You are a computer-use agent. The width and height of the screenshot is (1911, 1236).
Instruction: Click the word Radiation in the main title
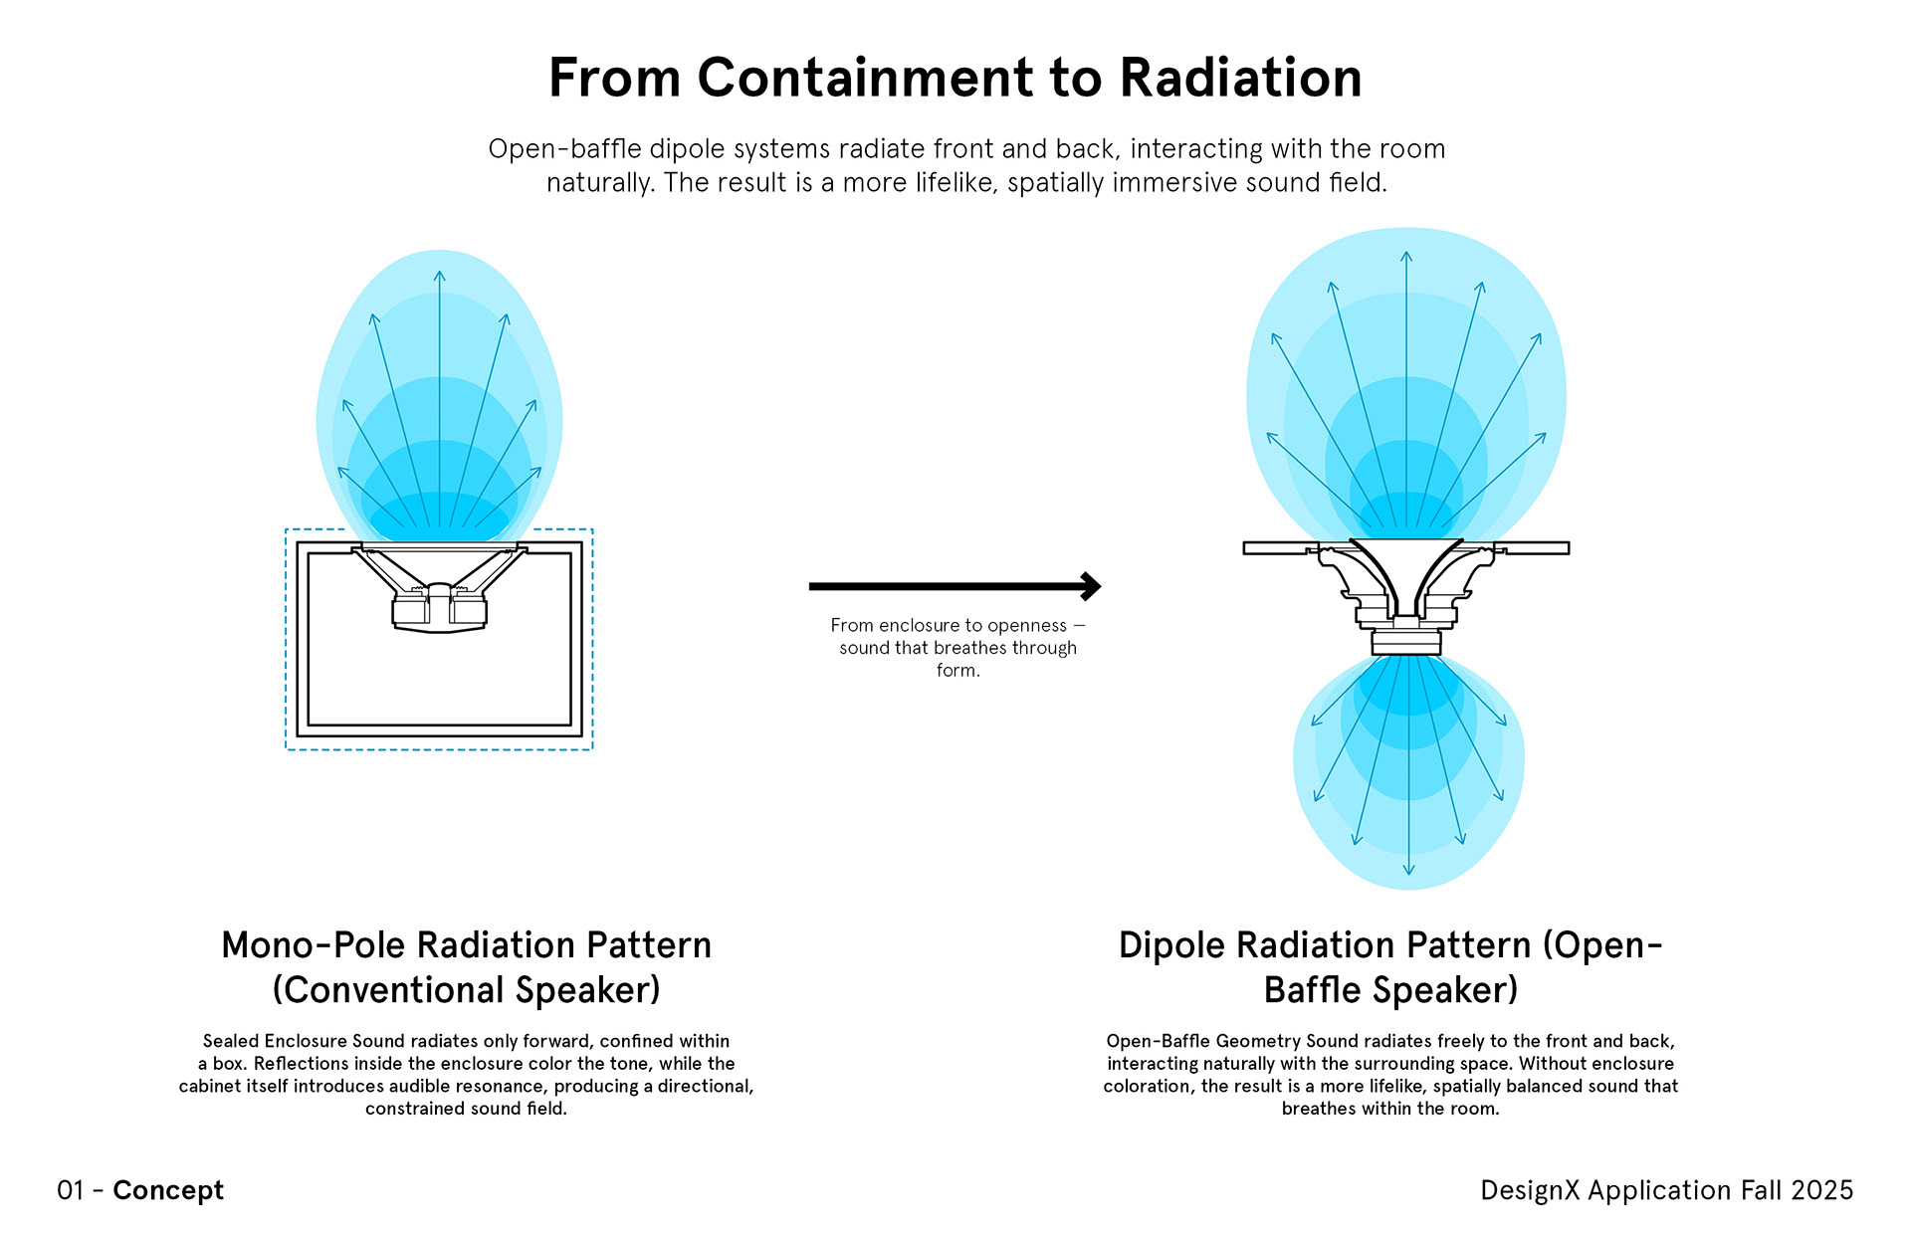coord(1240,78)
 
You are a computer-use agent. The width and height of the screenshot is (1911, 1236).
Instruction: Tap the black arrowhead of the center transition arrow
coord(1092,586)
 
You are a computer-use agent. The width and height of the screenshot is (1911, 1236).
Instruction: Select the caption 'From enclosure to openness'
coord(949,626)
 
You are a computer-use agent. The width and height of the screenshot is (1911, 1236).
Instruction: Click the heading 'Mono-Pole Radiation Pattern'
coord(466,945)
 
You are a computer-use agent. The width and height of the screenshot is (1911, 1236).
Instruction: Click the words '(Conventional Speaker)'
coord(466,990)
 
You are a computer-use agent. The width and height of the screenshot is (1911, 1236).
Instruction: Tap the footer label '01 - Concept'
coord(140,1190)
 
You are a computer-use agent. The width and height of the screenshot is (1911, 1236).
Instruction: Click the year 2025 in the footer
coord(1821,1190)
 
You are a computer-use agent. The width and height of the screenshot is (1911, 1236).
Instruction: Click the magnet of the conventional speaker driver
coord(439,611)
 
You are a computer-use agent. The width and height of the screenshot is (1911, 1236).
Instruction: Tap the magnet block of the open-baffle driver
coord(1405,642)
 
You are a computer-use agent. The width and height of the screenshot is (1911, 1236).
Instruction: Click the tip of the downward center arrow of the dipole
coord(1408,874)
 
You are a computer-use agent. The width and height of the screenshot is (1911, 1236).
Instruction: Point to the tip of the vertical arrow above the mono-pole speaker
coord(439,272)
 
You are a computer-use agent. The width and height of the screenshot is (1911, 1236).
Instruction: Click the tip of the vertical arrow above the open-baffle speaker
coord(1406,253)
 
